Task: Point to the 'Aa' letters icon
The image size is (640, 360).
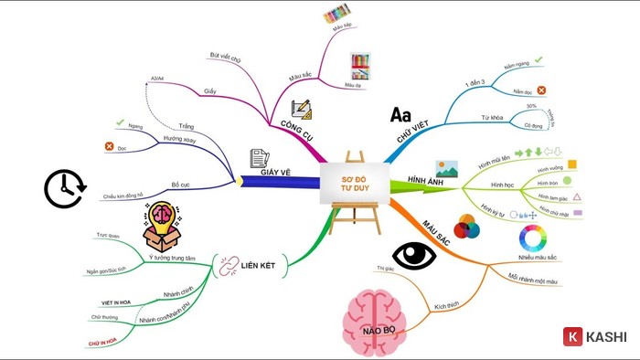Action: click(400, 115)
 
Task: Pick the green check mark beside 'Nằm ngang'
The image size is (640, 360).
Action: click(539, 60)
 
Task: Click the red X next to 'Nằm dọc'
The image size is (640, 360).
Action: click(541, 90)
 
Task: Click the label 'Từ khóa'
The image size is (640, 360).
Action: click(493, 119)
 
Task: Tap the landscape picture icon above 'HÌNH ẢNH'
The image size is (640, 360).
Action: click(447, 167)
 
